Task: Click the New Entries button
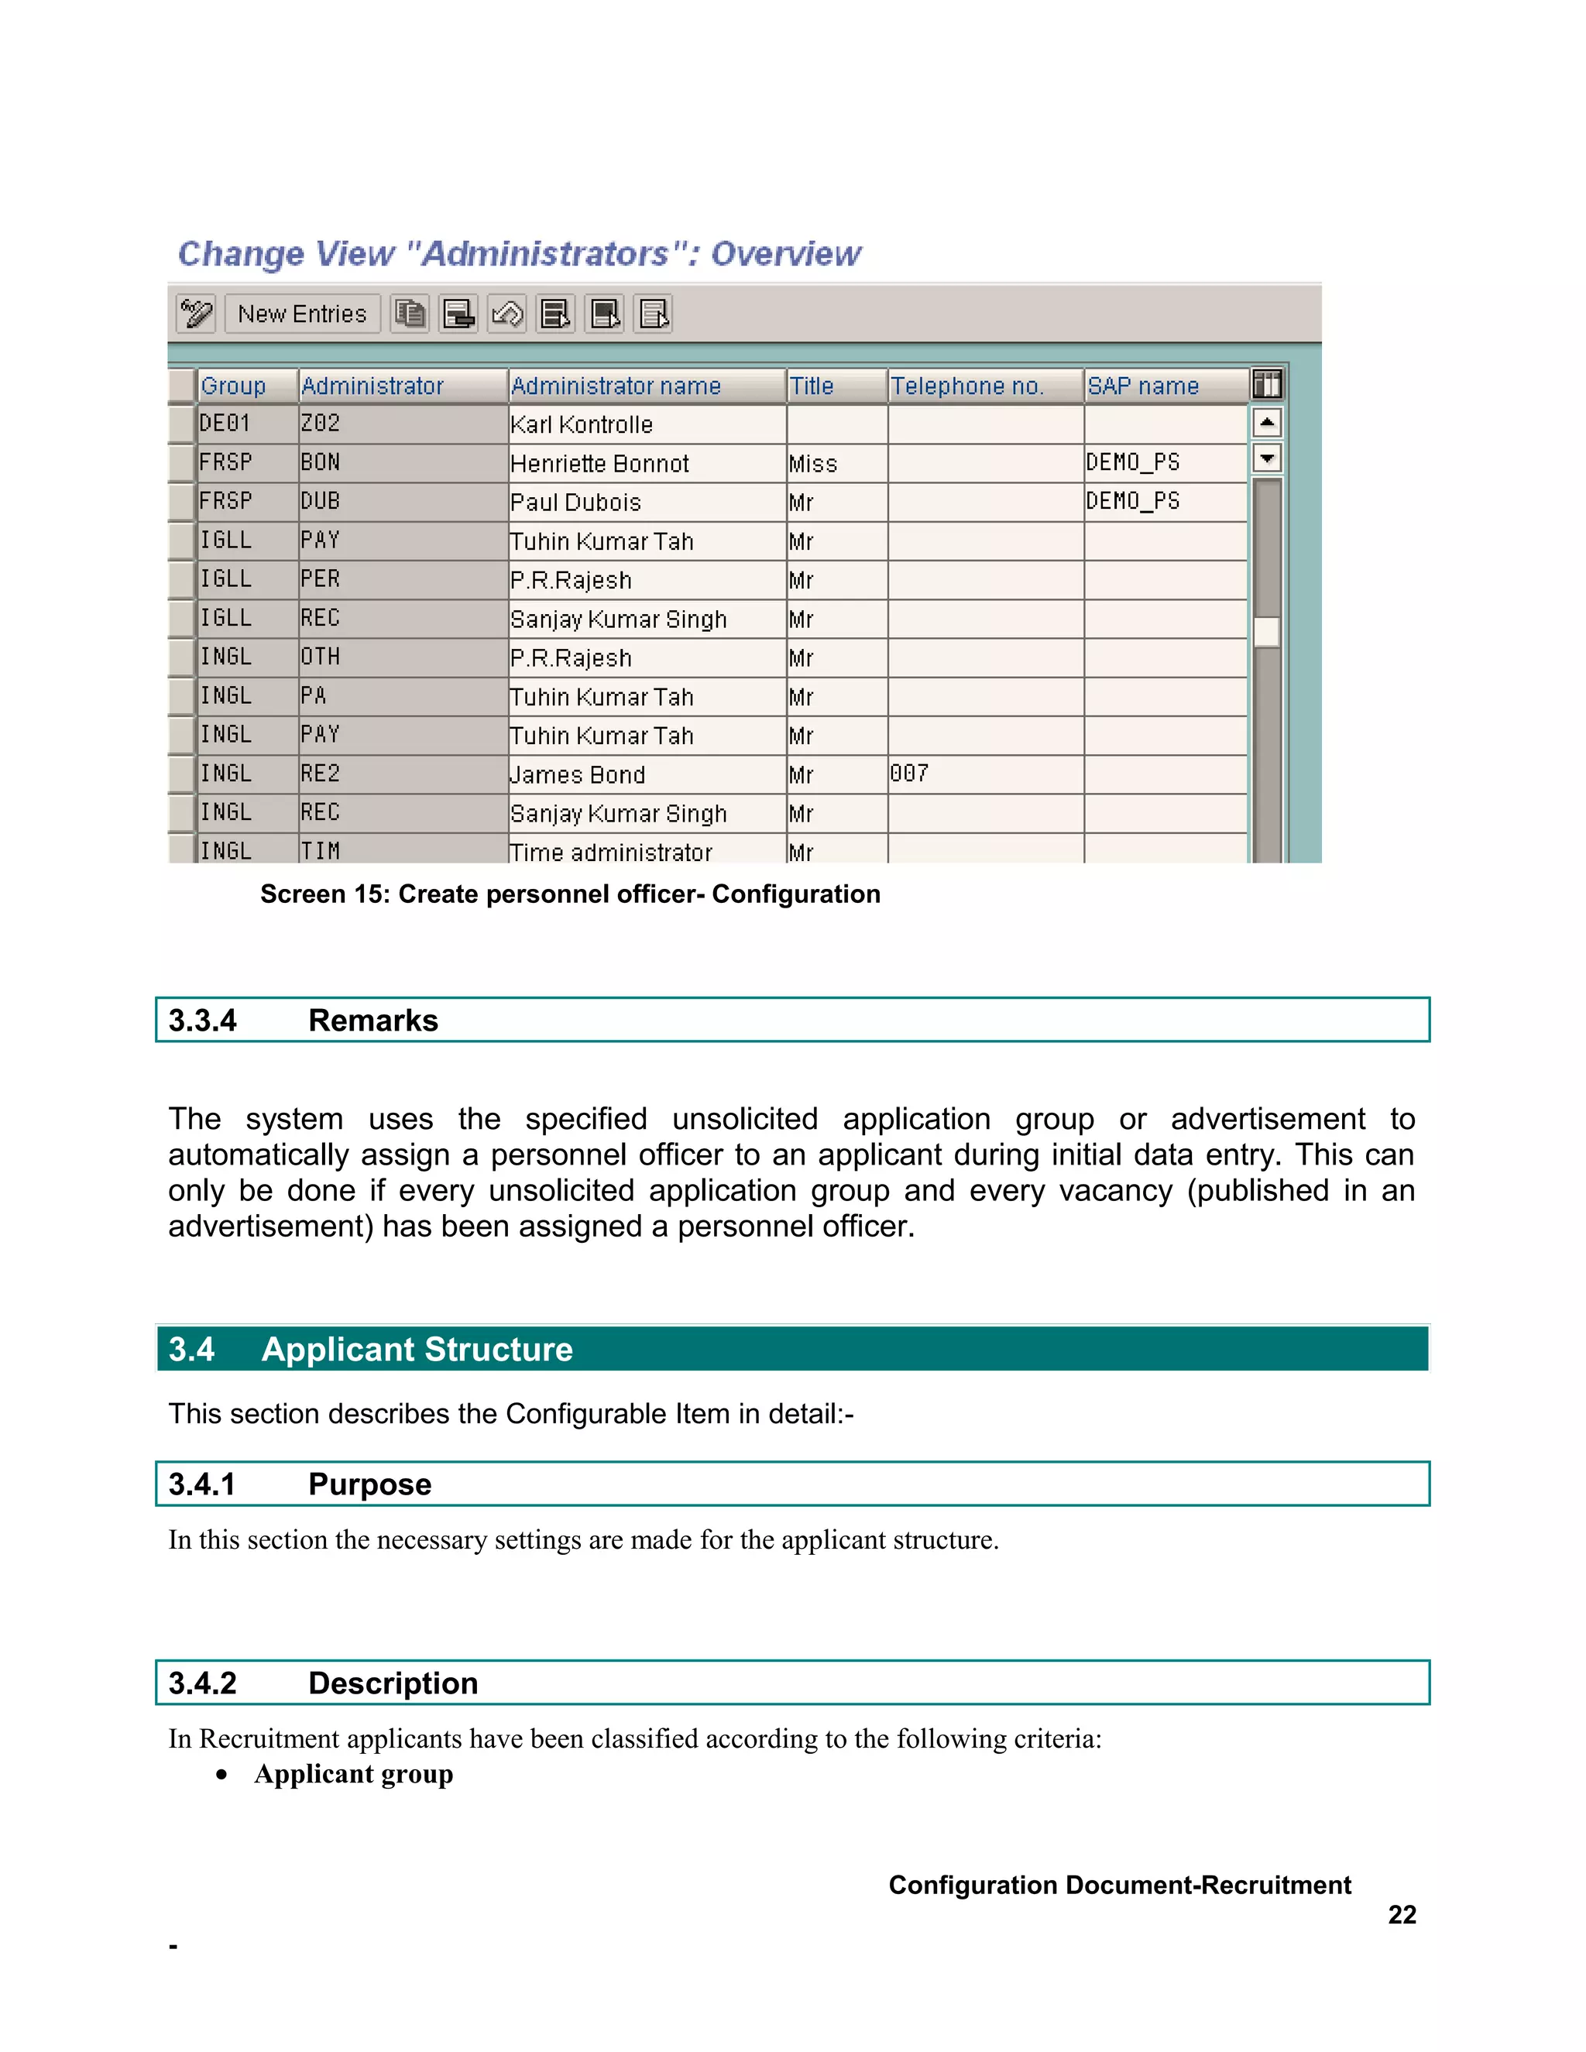click(x=301, y=314)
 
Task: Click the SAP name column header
click(x=1142, y=386)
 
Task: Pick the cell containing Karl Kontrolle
click(x=582, y=424)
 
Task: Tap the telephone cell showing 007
click(x=909, y=774)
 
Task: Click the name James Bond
click(x=578, y=775)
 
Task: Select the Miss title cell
click(x=812, y=464)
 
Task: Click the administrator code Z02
click(x=321, y=424)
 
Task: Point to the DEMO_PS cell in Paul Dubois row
click(x=1132, y=502)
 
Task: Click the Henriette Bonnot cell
click(x=599, y=464)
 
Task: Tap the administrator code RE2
click(x=321, y=774)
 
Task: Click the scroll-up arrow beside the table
click(x=1266, y=423)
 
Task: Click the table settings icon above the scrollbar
click(x=1266, y=384)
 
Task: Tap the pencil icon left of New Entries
click(x=197, y=314)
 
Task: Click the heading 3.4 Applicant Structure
click(x=370, y=1349)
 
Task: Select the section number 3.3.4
click(x=202, y=1021)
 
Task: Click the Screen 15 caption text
click(x=569, y=894)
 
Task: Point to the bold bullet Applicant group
click(x=353, y=1774)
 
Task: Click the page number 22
click(x=1402, y=1915)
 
